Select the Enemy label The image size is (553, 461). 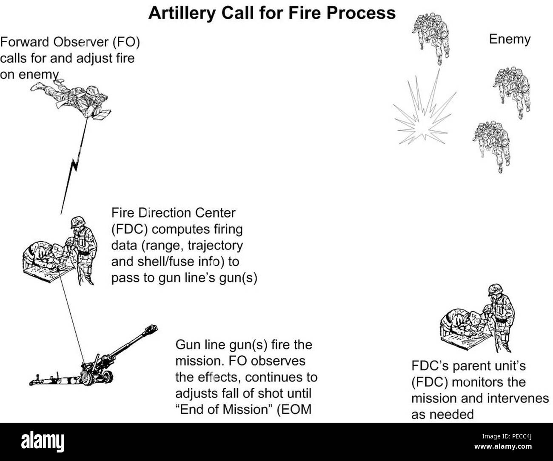(x=510, y=40)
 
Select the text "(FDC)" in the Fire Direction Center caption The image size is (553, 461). (x=129, y=229)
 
